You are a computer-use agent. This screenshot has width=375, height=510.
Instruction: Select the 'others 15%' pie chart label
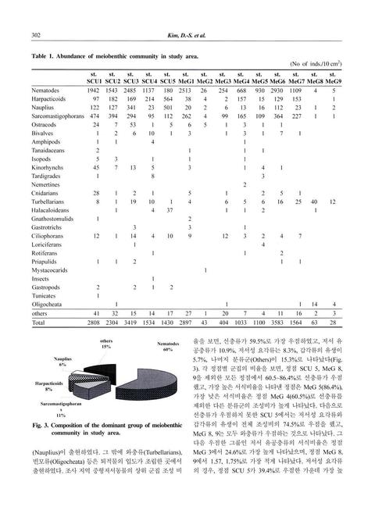pos(105,344)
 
